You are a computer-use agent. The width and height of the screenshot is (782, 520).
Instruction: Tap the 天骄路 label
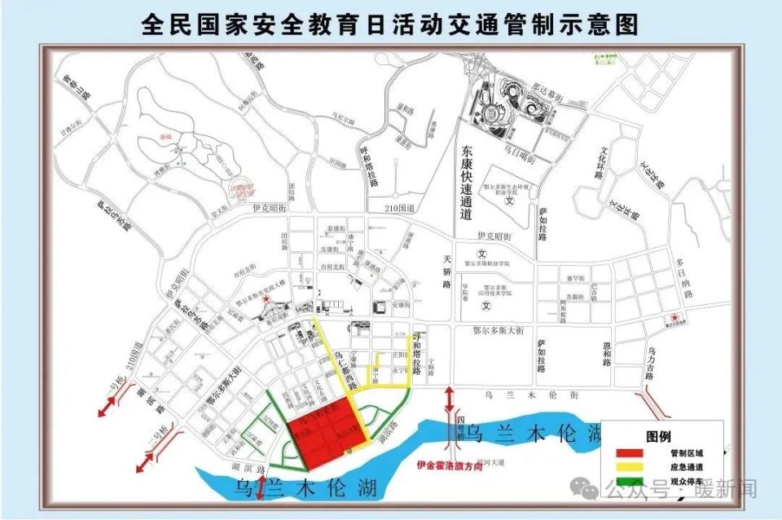point(446,272)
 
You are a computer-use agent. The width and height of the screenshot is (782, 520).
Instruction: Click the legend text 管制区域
point(686,452)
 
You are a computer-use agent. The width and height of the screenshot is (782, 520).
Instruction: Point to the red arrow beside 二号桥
point(146,461)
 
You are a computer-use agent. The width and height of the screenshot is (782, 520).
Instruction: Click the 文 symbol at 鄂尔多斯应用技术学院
point(486,306)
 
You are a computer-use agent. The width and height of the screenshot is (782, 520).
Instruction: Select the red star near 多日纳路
point(674,317)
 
